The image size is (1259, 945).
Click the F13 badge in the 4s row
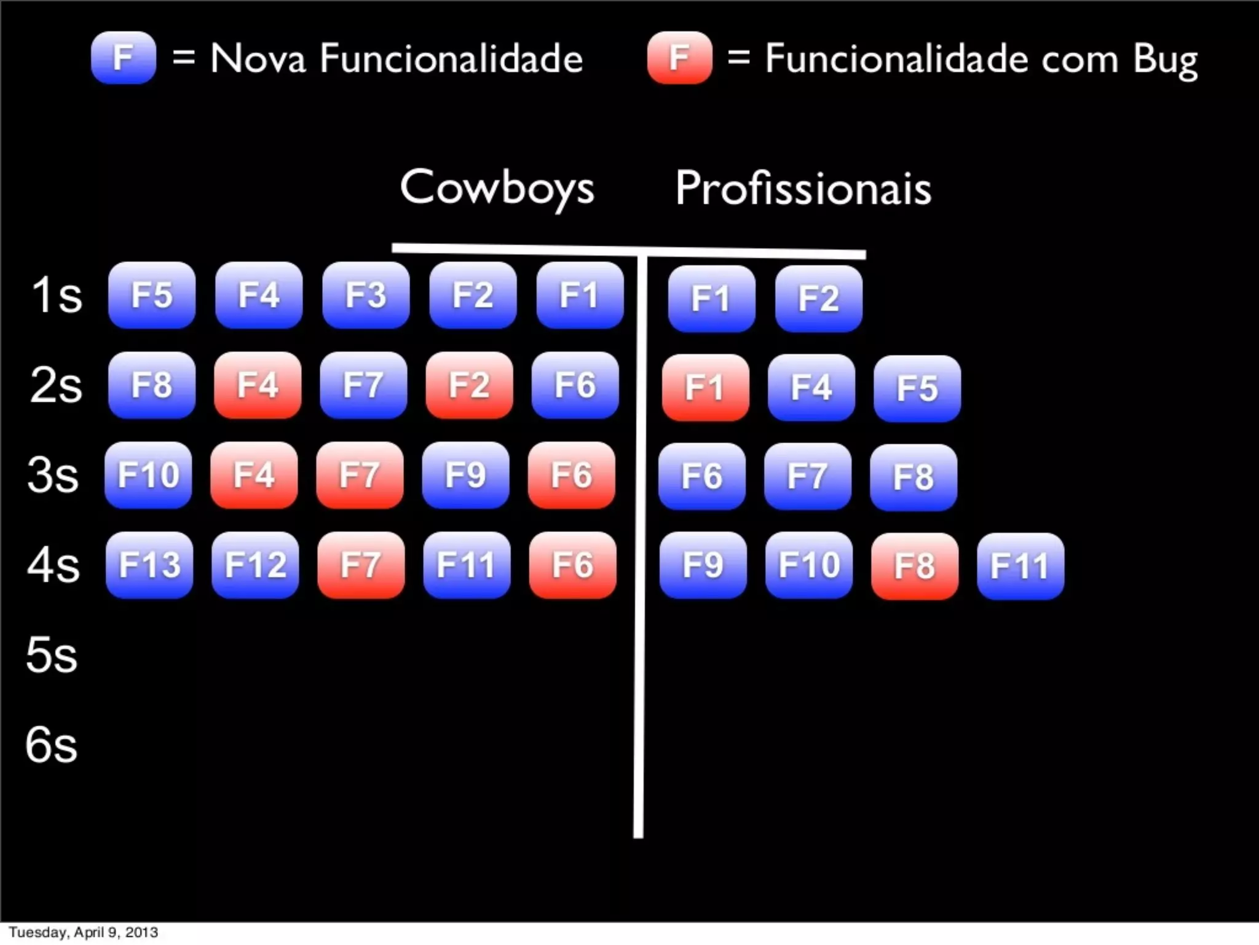coord(149,565)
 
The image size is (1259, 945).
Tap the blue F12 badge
coord(255,565)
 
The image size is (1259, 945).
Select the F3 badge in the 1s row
coord(366,295)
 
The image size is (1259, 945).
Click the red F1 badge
coord(705,388)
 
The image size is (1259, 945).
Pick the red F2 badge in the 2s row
coord(469,385)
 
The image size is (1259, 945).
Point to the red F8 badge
coord(914,566)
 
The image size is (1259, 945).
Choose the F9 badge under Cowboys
coord(465,475)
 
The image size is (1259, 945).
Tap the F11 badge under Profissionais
coord(1020,566)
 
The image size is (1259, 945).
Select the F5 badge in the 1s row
coord(152,295)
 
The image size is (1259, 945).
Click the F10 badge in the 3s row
coord(148,475)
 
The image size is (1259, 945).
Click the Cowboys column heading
coord(497,187)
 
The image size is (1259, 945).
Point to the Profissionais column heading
coord(803,187)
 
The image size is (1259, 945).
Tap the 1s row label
coord(56,295)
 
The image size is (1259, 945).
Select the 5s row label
coord(52,655)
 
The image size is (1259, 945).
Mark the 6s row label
coord(52,745)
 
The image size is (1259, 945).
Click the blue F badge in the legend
coord(123,58)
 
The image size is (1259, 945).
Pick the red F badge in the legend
coord(679,58)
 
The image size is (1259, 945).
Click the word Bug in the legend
coord(1165,60)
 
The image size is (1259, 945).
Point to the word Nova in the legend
coord(258,59)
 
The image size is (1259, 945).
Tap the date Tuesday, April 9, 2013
coord(83,932)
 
